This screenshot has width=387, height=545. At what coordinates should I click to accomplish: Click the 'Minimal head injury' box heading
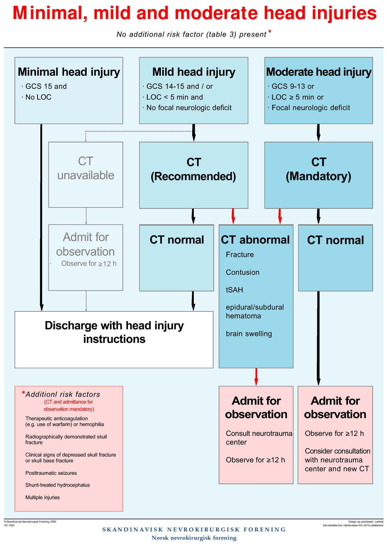pos(69,72)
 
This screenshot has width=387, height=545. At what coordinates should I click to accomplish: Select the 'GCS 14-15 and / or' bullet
pos(179,86)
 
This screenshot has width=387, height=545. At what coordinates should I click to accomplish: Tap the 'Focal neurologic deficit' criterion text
pos(311,108)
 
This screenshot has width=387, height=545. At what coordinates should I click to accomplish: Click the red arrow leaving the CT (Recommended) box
pos(233,216)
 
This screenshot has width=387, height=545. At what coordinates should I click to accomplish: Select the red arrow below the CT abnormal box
pos(256,377)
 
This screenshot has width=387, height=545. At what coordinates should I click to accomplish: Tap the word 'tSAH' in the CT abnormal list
pos(234,290)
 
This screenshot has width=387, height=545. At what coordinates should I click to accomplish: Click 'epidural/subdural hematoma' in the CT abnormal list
pos(254,311)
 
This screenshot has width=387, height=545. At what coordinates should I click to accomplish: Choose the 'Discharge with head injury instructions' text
pos(114,332)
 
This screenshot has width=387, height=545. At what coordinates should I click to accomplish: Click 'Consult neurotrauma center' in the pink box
pos(259,438)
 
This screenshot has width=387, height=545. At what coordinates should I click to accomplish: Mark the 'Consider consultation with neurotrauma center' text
pos(337,460)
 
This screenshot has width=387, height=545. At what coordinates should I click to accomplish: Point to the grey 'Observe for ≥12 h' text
pos(89,264)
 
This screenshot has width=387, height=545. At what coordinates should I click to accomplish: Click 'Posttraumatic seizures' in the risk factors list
pos(51,473)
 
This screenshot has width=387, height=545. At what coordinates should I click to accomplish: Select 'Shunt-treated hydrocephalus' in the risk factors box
pos(57,485)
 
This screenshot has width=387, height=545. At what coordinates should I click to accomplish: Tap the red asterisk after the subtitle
pos(270,32)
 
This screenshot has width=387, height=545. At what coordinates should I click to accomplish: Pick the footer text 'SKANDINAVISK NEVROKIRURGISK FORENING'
pos(194,530)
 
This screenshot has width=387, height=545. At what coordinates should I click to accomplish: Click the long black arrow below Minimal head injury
pos(41,216)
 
